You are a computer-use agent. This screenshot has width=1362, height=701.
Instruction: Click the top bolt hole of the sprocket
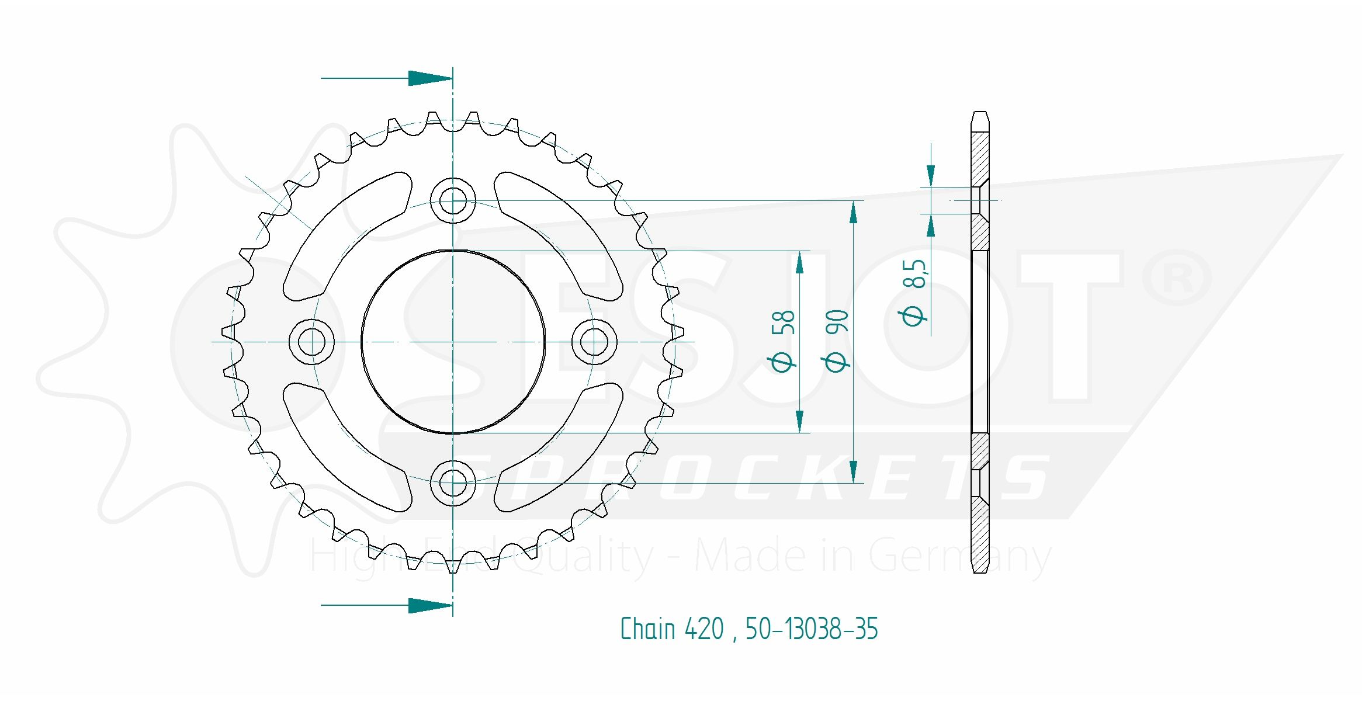(x=453, y=200)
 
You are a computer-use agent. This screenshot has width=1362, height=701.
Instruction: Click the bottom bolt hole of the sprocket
(x=453, y=483)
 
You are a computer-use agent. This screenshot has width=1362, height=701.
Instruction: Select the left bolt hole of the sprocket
(x=311, y=342)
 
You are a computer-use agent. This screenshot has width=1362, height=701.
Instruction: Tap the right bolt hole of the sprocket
(x=594, y=342)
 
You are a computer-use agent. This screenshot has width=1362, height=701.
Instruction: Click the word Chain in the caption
(x=648, y=629)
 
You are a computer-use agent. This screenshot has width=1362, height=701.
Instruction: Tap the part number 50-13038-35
(x=812, y=629)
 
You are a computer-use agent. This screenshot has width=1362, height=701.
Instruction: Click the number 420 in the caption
(x=704, y=629)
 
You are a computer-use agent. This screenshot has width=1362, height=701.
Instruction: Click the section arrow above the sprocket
(x=387, y=78)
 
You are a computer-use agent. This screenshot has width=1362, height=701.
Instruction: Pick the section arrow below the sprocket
(x=387, y=606)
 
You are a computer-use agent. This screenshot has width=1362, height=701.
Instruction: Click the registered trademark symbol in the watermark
(x=1177, y=277)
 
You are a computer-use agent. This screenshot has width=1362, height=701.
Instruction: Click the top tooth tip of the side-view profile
(x=980, y=112)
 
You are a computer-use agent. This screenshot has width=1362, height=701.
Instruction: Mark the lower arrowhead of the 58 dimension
(x=800, y=421)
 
